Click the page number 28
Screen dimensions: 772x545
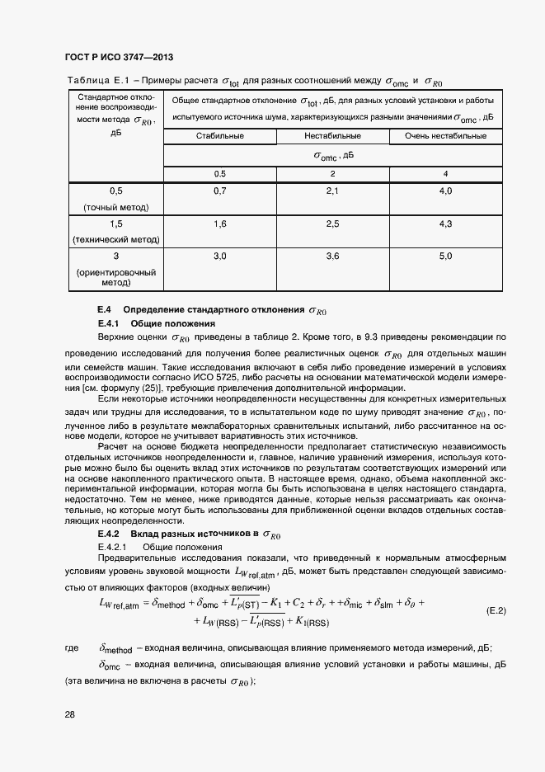pyautogui.click(x=70, y=714)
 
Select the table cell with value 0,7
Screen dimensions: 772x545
pyautogui.click(x=220, y=191)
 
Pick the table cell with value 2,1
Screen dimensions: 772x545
pyautogui.click(x=332, y=191)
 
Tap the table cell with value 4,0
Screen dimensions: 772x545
pyautogui.click(x=445, y=191)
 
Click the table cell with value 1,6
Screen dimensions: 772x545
pyautogui.click(x=220, y=224)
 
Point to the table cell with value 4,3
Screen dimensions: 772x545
pyautogui.click(x=445, y=224)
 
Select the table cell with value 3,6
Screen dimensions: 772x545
pyautogui.click(x=332, y=257)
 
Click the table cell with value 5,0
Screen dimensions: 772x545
pyautogui.click(x=445, y=257)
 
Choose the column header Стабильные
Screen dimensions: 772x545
pyautogui.click(x=220, y=135)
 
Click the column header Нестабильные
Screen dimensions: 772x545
pyautogui.click(x=332, y=135)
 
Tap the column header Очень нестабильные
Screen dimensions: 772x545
pyautogui.click(x=445, y=135)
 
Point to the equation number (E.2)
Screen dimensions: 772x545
pyautogui.click(x=496, y=611)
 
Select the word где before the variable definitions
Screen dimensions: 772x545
pyautogui.click(x=72, y=649)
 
